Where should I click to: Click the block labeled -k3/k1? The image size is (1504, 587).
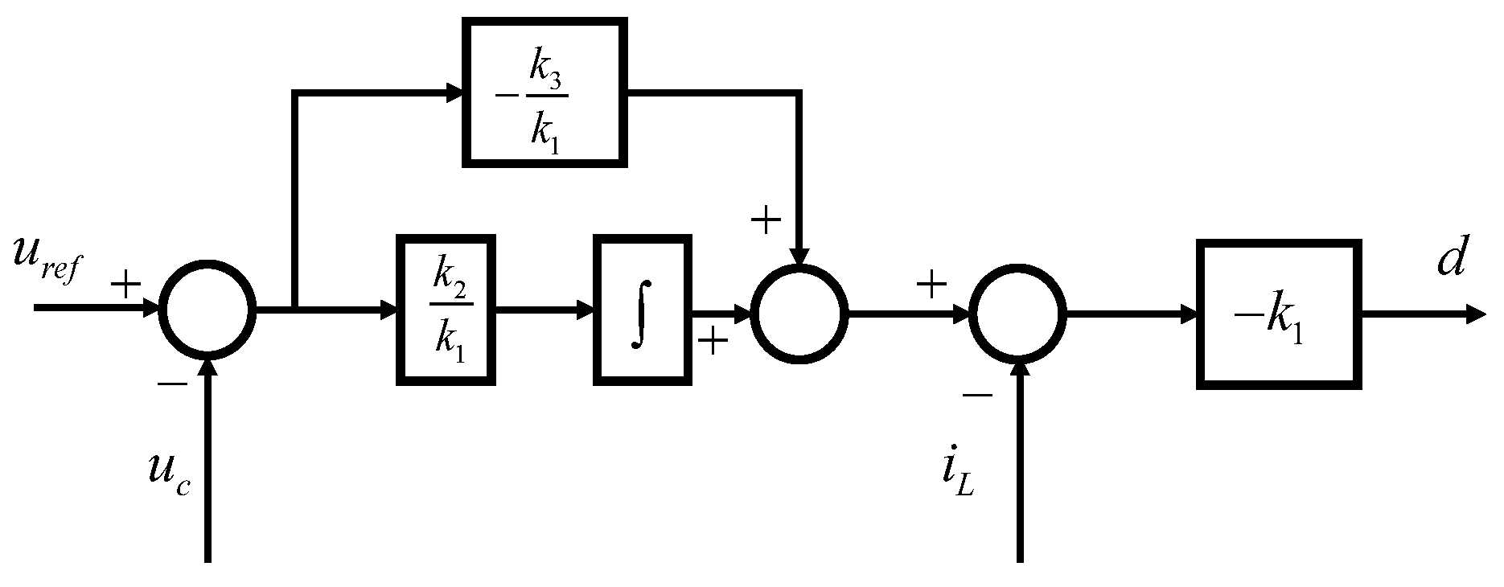tap(544, 92)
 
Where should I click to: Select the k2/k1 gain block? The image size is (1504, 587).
tap(446, 310)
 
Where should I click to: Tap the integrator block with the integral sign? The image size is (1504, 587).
tap(642, 310)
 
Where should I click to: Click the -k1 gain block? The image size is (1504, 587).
tap(1278, 314)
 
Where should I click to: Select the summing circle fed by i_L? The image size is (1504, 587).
tap(1018, 314)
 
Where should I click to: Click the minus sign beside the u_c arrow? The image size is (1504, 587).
tap(172, 385)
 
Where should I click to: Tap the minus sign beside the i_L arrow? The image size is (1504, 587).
tap(976, 395)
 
